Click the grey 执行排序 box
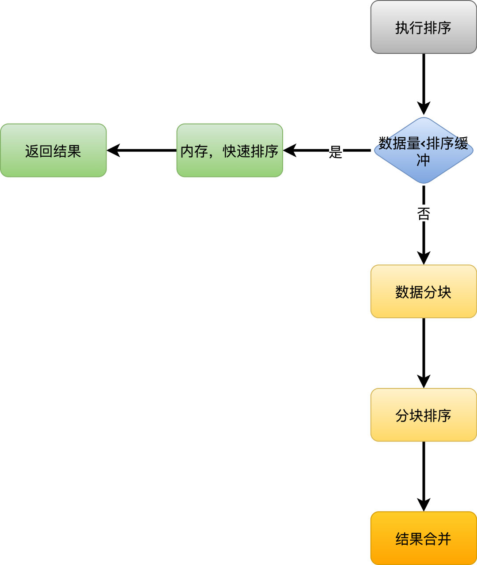point(424,27)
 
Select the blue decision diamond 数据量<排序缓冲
point(424,151)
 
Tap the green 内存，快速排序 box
point(229,151)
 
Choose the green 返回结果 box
point(53,151)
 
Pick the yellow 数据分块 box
point(424,291)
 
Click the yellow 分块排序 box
point(424,415)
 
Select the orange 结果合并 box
point(424,538)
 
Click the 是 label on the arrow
point(336,152)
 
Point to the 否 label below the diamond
point(424,214)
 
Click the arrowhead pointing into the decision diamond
point(424,109)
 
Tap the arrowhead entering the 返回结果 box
point(114,151)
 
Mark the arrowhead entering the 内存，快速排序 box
point(290,151)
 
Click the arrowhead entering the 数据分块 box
point(424,258)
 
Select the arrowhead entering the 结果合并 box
point(424,505)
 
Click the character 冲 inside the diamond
point(423,160)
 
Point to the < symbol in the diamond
point(423,143)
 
